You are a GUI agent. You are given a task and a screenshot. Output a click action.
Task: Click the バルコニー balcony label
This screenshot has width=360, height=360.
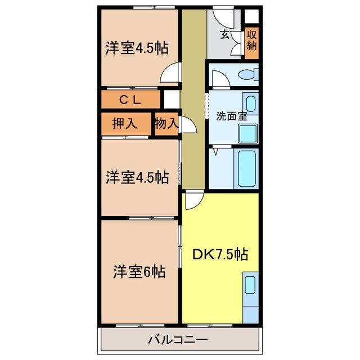pos(178,340)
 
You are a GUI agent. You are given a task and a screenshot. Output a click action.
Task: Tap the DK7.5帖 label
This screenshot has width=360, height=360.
pos(220,254)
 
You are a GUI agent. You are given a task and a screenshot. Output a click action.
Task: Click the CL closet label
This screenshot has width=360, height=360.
pos(130,100)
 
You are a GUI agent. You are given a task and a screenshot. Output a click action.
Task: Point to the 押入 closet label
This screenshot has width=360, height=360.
pos(125,124)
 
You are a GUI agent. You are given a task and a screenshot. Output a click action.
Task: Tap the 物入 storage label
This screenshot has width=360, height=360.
pos(166,124)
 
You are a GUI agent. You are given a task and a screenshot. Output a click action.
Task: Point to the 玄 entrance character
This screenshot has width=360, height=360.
pos(224,35)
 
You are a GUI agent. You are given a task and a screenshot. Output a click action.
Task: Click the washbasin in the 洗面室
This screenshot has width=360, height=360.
pos(251,103)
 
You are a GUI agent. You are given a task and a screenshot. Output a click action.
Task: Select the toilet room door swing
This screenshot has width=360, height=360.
pos(218,79)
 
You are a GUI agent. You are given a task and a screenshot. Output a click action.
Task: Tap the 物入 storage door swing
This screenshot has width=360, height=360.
pos(188,125)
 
